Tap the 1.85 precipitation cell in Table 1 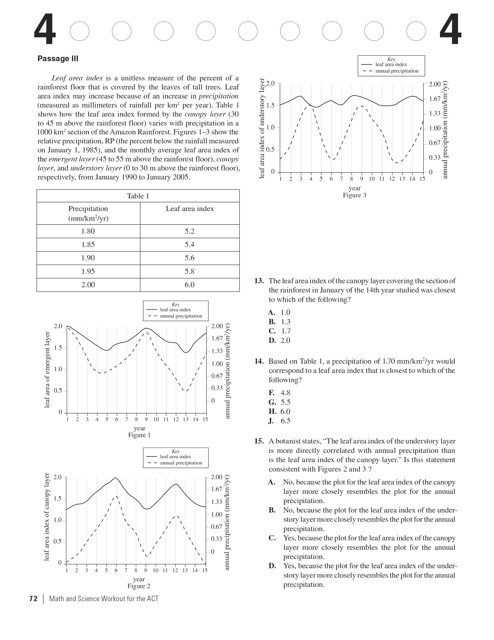pyautogui.click(x=88, y=244)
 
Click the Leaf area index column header pyautogui.click(x=190, y=209)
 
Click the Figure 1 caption pyautogui.click(x=139, y=435)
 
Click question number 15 pyautogui.click(x=259, y=441)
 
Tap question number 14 pyautogui.click(x=259, y=361)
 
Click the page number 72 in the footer pyautogui.click(x=33, y=599)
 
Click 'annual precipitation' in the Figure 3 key pyautogui.click(x=397, y=71)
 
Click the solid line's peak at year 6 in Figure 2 pyautogui.click(x=116, y=478)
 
